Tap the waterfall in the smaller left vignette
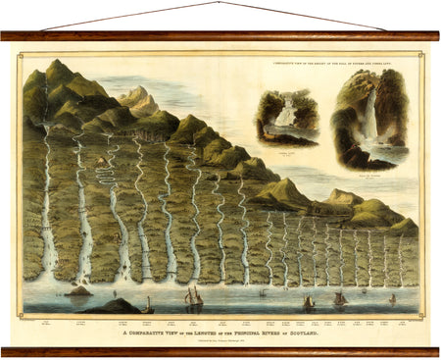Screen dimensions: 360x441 pos(283,115)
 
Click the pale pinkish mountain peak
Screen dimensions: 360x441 pos(138,95)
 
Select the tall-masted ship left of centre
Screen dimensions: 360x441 pos(194,297)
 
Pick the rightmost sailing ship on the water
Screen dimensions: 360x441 pos(392,298)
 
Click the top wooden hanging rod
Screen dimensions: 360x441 pos(220,35)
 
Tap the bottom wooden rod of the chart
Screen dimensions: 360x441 pos(220,351)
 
